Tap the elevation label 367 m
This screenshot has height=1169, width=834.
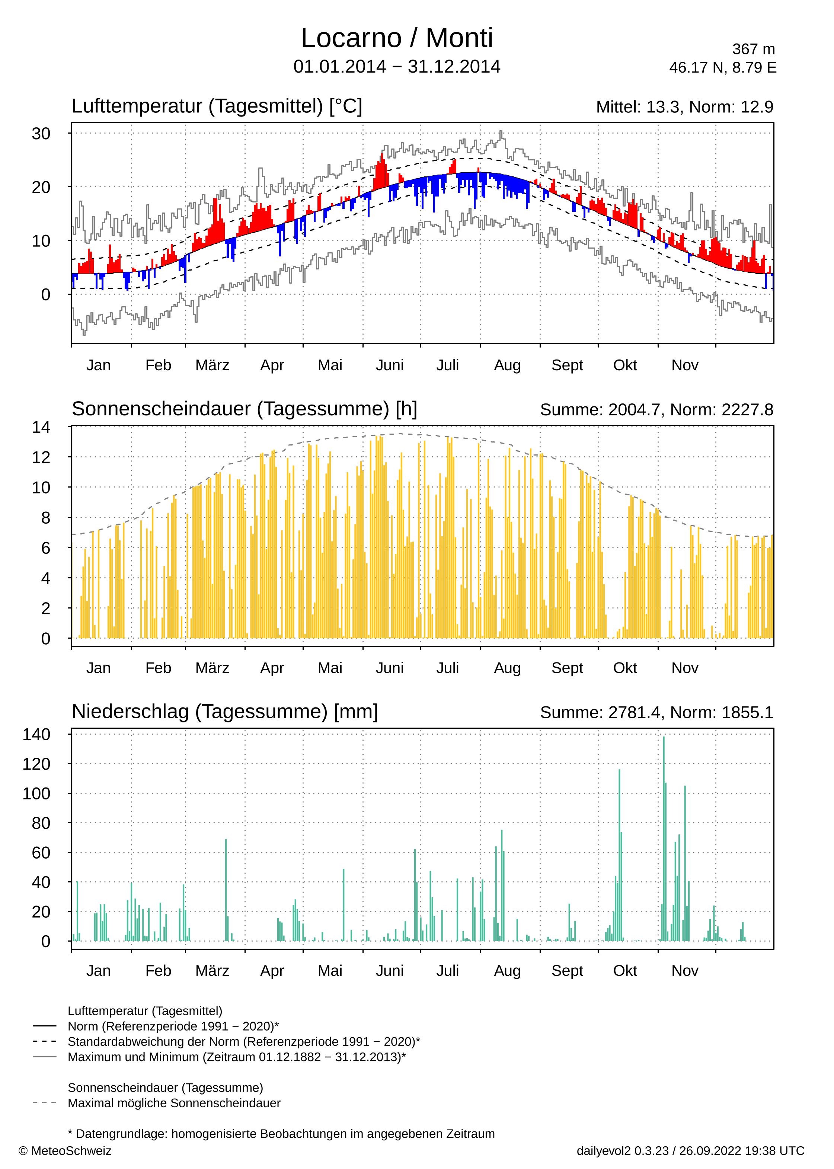753,49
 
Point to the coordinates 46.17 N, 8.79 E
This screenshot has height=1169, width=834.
723,68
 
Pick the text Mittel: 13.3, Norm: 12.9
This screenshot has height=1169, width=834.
684,107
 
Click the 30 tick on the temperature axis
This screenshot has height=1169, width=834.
41,134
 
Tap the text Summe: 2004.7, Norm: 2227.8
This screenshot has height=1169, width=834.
656,410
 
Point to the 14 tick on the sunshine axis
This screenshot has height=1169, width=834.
41,427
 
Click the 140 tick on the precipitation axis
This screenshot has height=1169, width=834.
36,734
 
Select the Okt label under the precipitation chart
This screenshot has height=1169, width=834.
625,971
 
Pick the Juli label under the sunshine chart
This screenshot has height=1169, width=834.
447,668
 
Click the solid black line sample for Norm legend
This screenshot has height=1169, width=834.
45,1026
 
